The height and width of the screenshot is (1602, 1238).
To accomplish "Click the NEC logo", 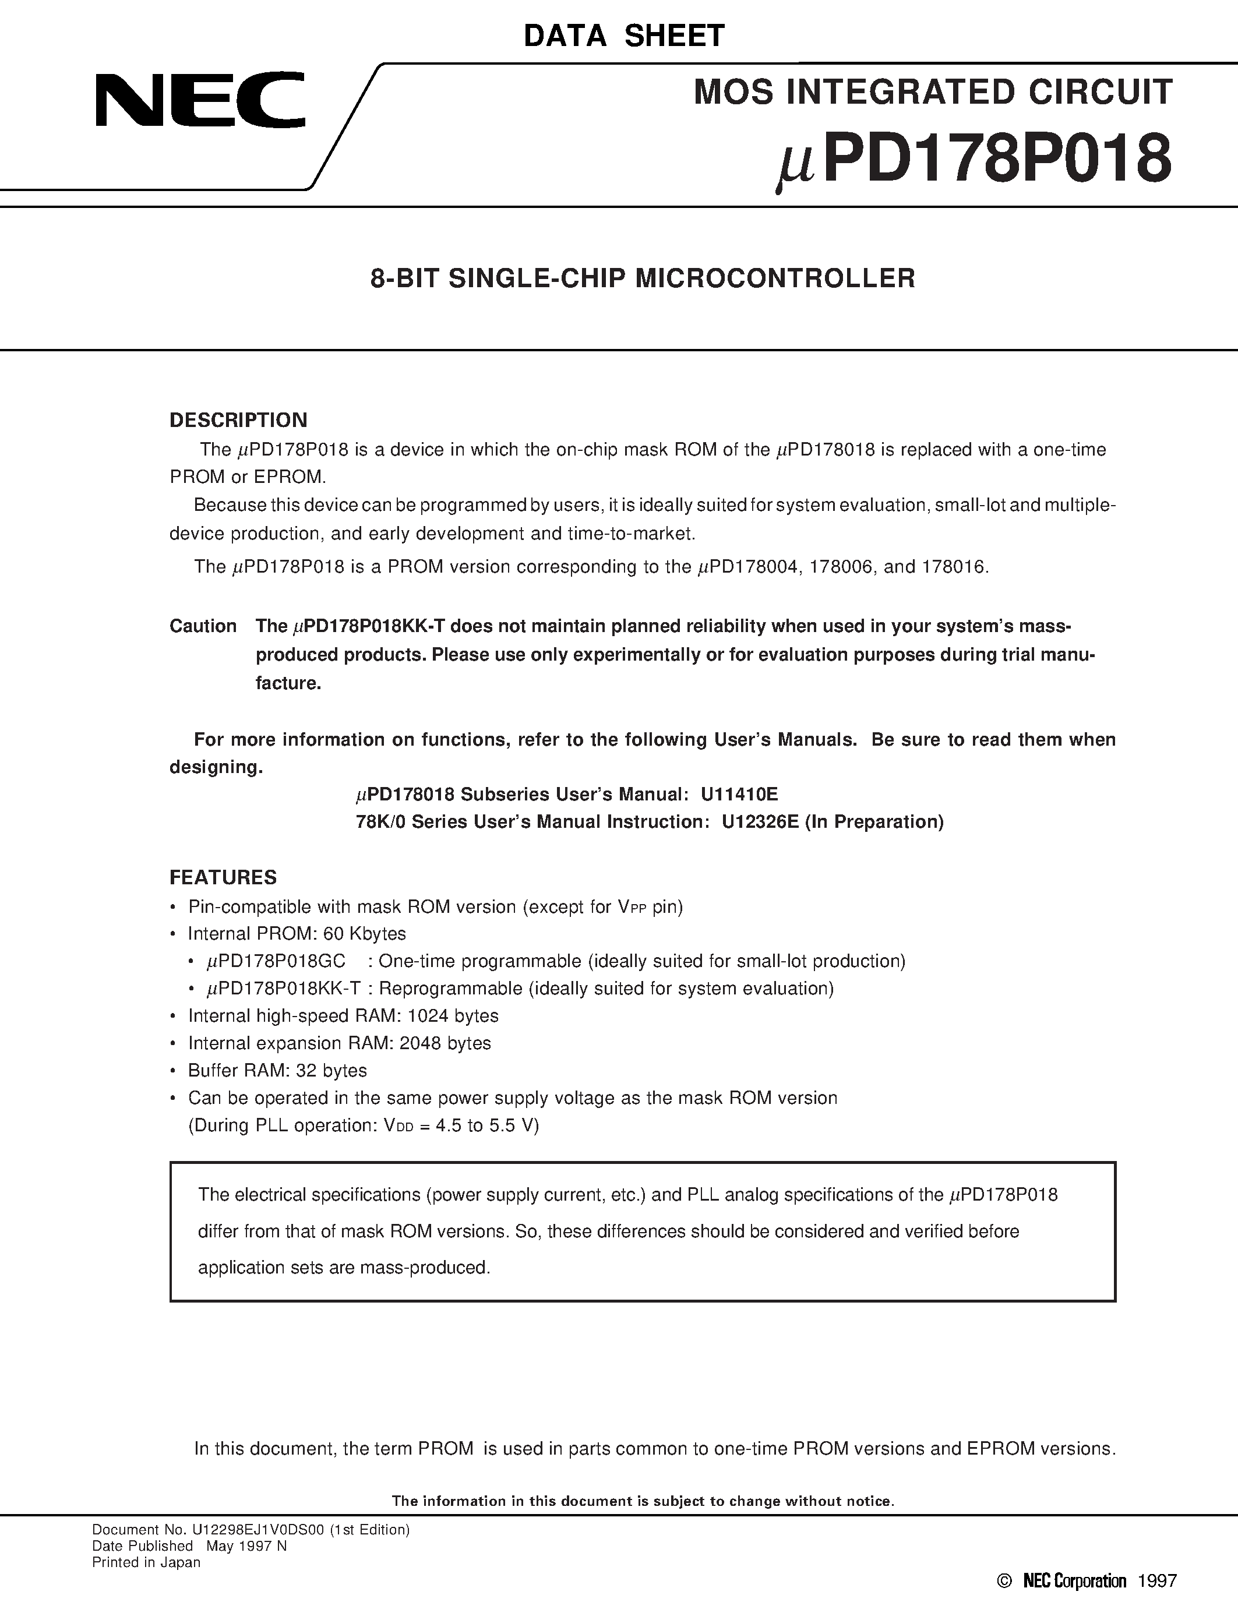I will tap(199, 100).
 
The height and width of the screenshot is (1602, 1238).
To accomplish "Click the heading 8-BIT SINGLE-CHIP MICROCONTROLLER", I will tap(643, 278).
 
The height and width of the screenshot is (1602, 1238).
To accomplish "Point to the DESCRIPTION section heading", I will tap(238, 420).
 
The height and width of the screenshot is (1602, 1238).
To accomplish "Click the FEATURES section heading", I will tap(223, 877).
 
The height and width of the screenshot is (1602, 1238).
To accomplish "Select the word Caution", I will tap(203, 626).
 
